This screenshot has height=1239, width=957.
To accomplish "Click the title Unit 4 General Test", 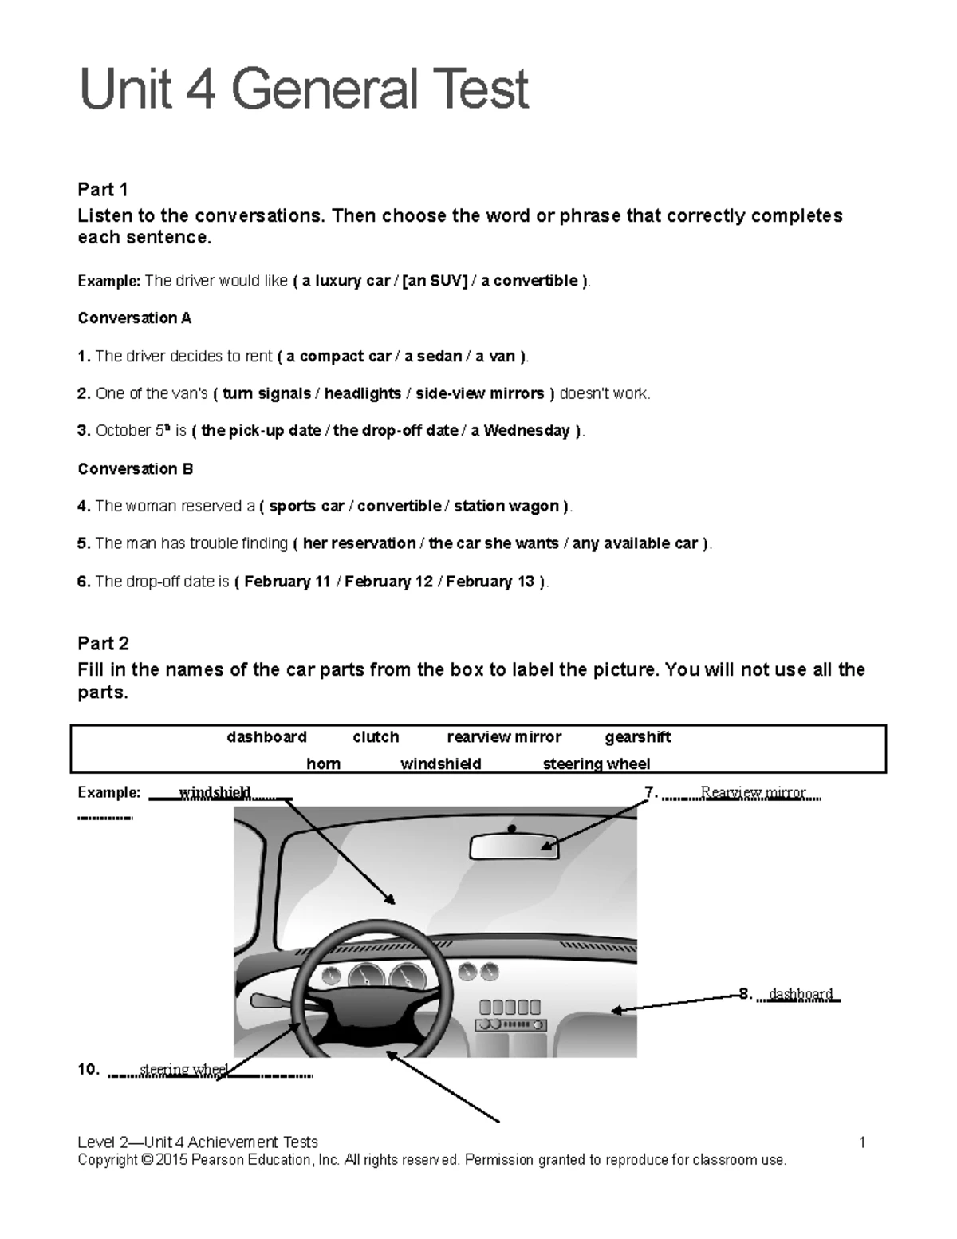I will [x=304, y=89].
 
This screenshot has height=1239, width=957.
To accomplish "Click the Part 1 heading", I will [x=102, y=189].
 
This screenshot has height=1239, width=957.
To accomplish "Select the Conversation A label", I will [x=134, y=318].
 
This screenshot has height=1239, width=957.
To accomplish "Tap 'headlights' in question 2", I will [x=362, y=393].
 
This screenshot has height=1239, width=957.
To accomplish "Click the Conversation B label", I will [x=135, y=469].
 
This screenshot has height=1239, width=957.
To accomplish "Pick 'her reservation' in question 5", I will [x=359, y=543].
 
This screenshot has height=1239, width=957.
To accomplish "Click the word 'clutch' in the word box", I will [x=376, y=737].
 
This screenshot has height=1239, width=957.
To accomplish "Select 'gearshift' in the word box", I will [x=637, y=737].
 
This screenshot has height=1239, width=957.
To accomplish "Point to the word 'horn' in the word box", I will [x=323, y=764].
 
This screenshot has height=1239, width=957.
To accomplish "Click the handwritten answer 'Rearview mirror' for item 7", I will [x=753, y=792].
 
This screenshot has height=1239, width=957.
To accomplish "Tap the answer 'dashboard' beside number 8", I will [x=801, y=994].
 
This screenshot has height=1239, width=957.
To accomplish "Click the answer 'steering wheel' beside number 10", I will [x=184, y=1070].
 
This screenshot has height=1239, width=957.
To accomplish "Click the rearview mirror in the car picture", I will [x=514, y=846].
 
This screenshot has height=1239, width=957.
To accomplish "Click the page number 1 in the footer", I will [x=862, y=1142].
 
